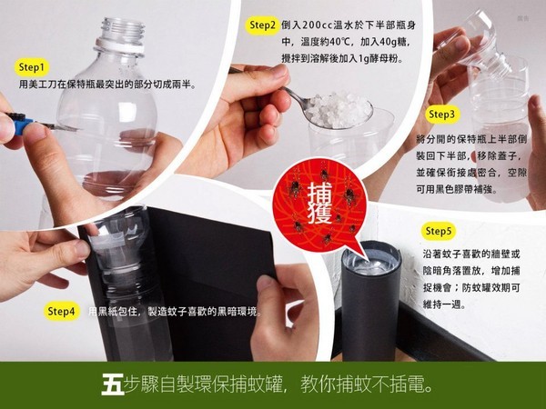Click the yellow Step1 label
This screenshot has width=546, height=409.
[31, 67]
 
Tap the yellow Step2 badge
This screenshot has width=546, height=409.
[262, 25]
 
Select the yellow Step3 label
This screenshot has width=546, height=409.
[441, 115]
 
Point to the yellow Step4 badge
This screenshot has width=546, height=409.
[61, 311]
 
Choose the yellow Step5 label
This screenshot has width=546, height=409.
[438, 231]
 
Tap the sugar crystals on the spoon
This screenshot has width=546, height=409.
[337, 110]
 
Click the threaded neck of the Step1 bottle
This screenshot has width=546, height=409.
[123, 30]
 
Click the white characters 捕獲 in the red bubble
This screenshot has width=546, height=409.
[320, 203]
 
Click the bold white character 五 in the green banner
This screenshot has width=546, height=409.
[112, 384]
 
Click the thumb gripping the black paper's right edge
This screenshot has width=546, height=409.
[268, 295]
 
